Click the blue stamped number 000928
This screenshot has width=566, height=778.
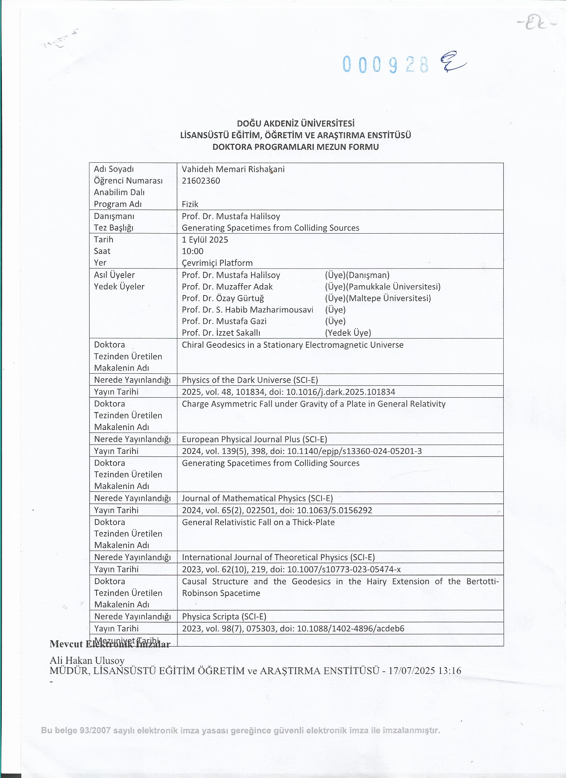(386, 64)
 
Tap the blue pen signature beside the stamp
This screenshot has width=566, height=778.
(452, 62)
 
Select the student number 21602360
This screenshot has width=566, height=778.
(201, 181)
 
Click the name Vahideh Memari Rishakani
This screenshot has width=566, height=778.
(233, 169)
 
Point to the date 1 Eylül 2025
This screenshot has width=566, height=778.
(205, 240)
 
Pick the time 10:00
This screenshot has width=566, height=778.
(192, 251)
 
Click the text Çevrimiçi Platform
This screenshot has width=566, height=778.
(217, 263)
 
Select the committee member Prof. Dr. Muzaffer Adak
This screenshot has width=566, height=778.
(227, 287)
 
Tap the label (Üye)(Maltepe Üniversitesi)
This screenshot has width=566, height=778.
(378, 298)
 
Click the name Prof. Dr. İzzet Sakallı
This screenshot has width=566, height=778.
(221, 333)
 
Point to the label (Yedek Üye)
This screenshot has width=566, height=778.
(348, 333)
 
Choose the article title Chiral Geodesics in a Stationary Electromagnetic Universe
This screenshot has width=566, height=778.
(292, 345)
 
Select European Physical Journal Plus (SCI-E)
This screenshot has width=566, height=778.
(254, 439)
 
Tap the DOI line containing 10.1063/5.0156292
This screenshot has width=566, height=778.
(277, 510)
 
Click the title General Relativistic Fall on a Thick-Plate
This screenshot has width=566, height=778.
(258, 522)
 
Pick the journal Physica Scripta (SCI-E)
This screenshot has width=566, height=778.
(224, 616)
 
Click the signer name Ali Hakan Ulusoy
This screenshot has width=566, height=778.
(87, 660)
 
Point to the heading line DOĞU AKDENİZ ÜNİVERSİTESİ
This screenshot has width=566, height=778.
(296, 123)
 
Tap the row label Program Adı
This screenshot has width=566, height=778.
(118, 204)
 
